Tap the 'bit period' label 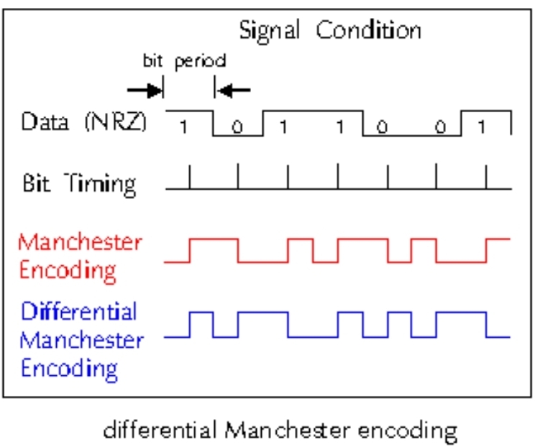point(183,61)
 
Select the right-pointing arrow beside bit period point(145,90)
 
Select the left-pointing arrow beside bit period point(233,90)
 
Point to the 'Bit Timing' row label point(78,183)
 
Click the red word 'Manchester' point(81,243)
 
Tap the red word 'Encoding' point(68,271)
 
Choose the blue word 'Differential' point(79,312)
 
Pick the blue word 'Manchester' point(81,340)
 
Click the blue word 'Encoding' point(69,368)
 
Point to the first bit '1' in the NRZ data point(183,127)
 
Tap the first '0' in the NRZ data point(237,128)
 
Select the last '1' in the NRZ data point(482,127)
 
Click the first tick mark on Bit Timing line point(190,177)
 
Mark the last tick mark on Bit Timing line point(487,177)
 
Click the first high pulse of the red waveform point(214,240)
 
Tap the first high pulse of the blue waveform point(201,313)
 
